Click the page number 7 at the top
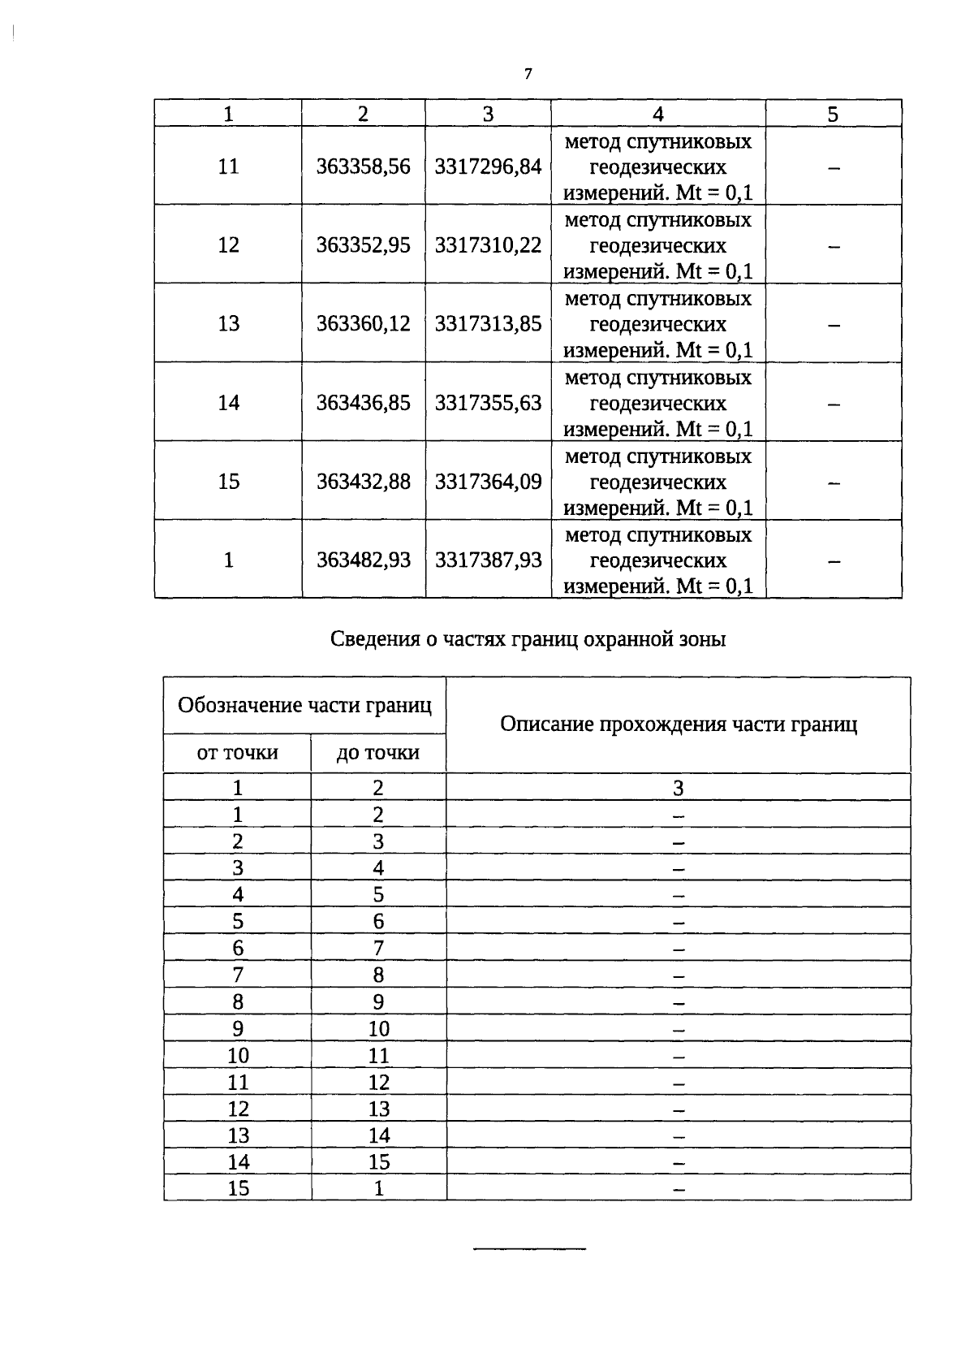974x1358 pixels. [528, 74]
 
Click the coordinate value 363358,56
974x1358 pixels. [363, 167]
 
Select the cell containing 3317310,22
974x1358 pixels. [488, 245]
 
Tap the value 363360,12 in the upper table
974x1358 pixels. [363, 324]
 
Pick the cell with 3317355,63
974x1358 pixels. [488, 403]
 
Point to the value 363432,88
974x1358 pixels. [363, 482]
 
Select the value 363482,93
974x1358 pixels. [363, 560]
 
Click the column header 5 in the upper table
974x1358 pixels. [833, 115]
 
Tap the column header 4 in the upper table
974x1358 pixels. [657, 115]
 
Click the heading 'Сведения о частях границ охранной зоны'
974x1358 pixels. [528, 639]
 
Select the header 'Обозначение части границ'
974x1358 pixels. [304, 705]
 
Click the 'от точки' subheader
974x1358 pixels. [237, 753]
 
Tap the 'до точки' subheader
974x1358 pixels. [378, 753]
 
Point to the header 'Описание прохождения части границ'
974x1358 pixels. [679, 724]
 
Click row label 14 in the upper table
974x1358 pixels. [228, 403]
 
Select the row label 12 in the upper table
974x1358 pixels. [228, 245]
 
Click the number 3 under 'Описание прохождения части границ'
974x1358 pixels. [679, 788]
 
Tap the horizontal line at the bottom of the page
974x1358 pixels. [529, 1248]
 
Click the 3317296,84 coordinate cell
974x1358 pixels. [488, 167]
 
